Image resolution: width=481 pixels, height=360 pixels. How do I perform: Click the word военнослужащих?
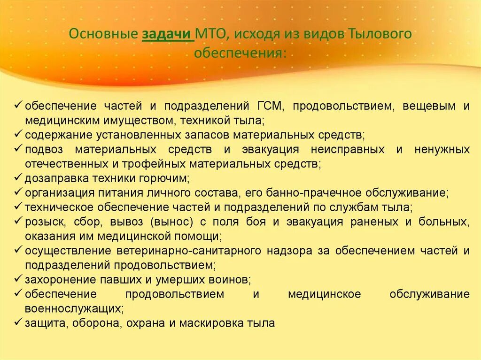74,309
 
